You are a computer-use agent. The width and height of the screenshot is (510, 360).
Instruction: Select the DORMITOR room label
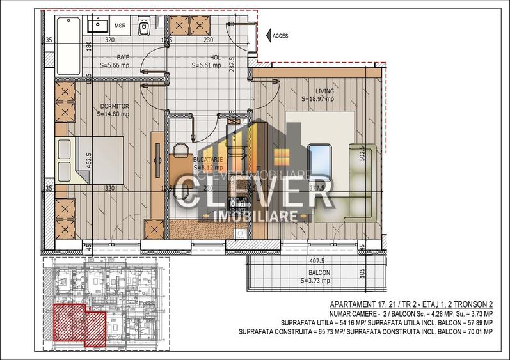[115, 106]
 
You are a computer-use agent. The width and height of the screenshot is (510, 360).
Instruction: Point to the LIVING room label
[324, 91]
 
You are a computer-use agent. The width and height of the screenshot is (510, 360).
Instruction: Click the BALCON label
[315, 272]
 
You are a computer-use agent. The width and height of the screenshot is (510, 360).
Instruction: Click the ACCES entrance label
[280, 36]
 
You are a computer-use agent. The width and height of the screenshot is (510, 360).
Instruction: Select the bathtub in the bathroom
[67, 45]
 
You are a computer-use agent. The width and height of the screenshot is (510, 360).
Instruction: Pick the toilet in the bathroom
[145, 27]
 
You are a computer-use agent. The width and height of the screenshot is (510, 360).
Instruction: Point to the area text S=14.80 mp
[113, 114]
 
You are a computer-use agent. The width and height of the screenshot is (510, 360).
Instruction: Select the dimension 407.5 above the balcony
[315, 260]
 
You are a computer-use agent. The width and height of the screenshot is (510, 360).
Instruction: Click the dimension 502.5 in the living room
[362, 155]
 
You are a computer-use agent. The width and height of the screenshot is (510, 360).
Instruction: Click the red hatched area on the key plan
[77, 324]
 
